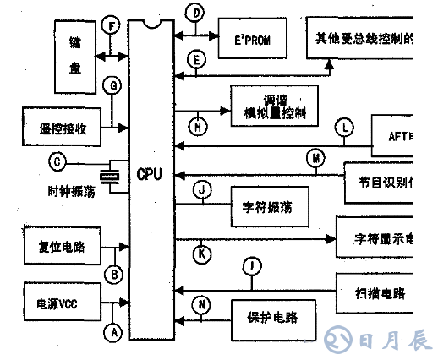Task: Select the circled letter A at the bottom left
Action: (112, 333)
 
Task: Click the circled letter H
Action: (199, 127)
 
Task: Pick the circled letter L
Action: (343, 128)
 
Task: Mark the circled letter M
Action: (315, 157)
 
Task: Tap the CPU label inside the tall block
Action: (150, 174)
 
